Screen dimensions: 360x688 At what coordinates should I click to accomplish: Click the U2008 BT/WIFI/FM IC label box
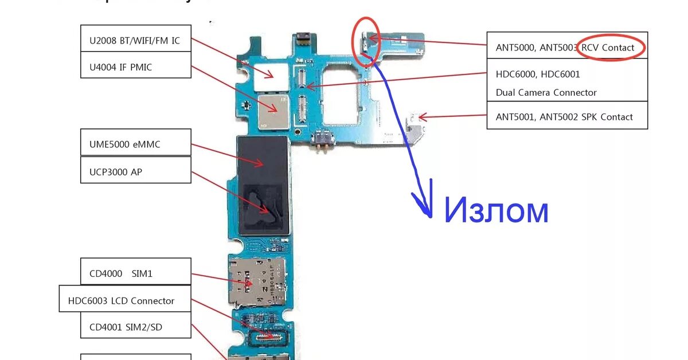click(135, 41)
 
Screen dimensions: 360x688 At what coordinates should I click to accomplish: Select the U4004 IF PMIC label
click(135, 68)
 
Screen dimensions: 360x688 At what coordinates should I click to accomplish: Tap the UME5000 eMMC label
click(135, 144)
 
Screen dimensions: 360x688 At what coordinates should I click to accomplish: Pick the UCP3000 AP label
click(135, 171)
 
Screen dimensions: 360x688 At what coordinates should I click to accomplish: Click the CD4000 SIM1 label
click(135, 273)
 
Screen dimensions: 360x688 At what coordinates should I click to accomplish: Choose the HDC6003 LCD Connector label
click(125, 300)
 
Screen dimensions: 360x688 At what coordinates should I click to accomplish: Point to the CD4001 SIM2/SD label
click(135, 328)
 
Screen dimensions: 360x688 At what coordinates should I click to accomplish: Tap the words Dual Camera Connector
click(546, 92)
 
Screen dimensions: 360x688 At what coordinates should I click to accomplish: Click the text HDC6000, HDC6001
click(538, 75)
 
